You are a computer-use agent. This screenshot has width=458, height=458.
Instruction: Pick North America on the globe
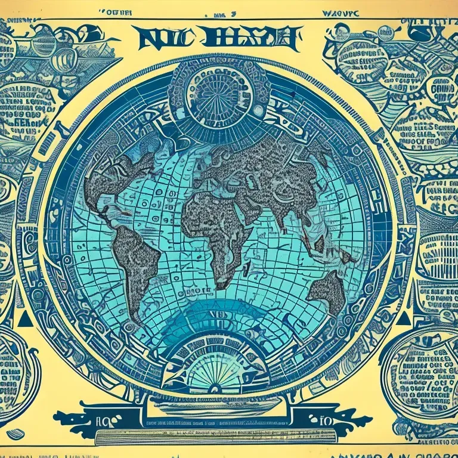119,179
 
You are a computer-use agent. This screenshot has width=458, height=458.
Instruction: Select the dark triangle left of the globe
24,320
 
